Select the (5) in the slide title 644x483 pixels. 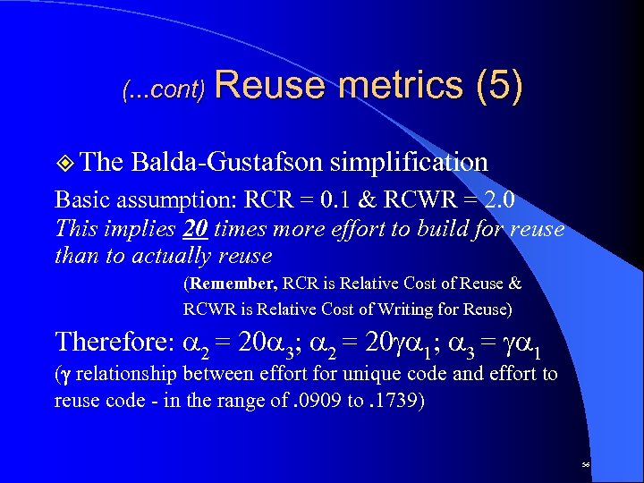click(500, 86)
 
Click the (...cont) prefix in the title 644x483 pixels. click(164, 90)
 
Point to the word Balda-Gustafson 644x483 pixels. click(226, 162)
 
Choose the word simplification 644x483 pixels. click(409, 162)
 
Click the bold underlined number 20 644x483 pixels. click(196, 229)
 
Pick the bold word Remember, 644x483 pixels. click(232, 284)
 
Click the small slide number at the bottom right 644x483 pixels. click(584, 466)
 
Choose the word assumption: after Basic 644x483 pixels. click(165, 199)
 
